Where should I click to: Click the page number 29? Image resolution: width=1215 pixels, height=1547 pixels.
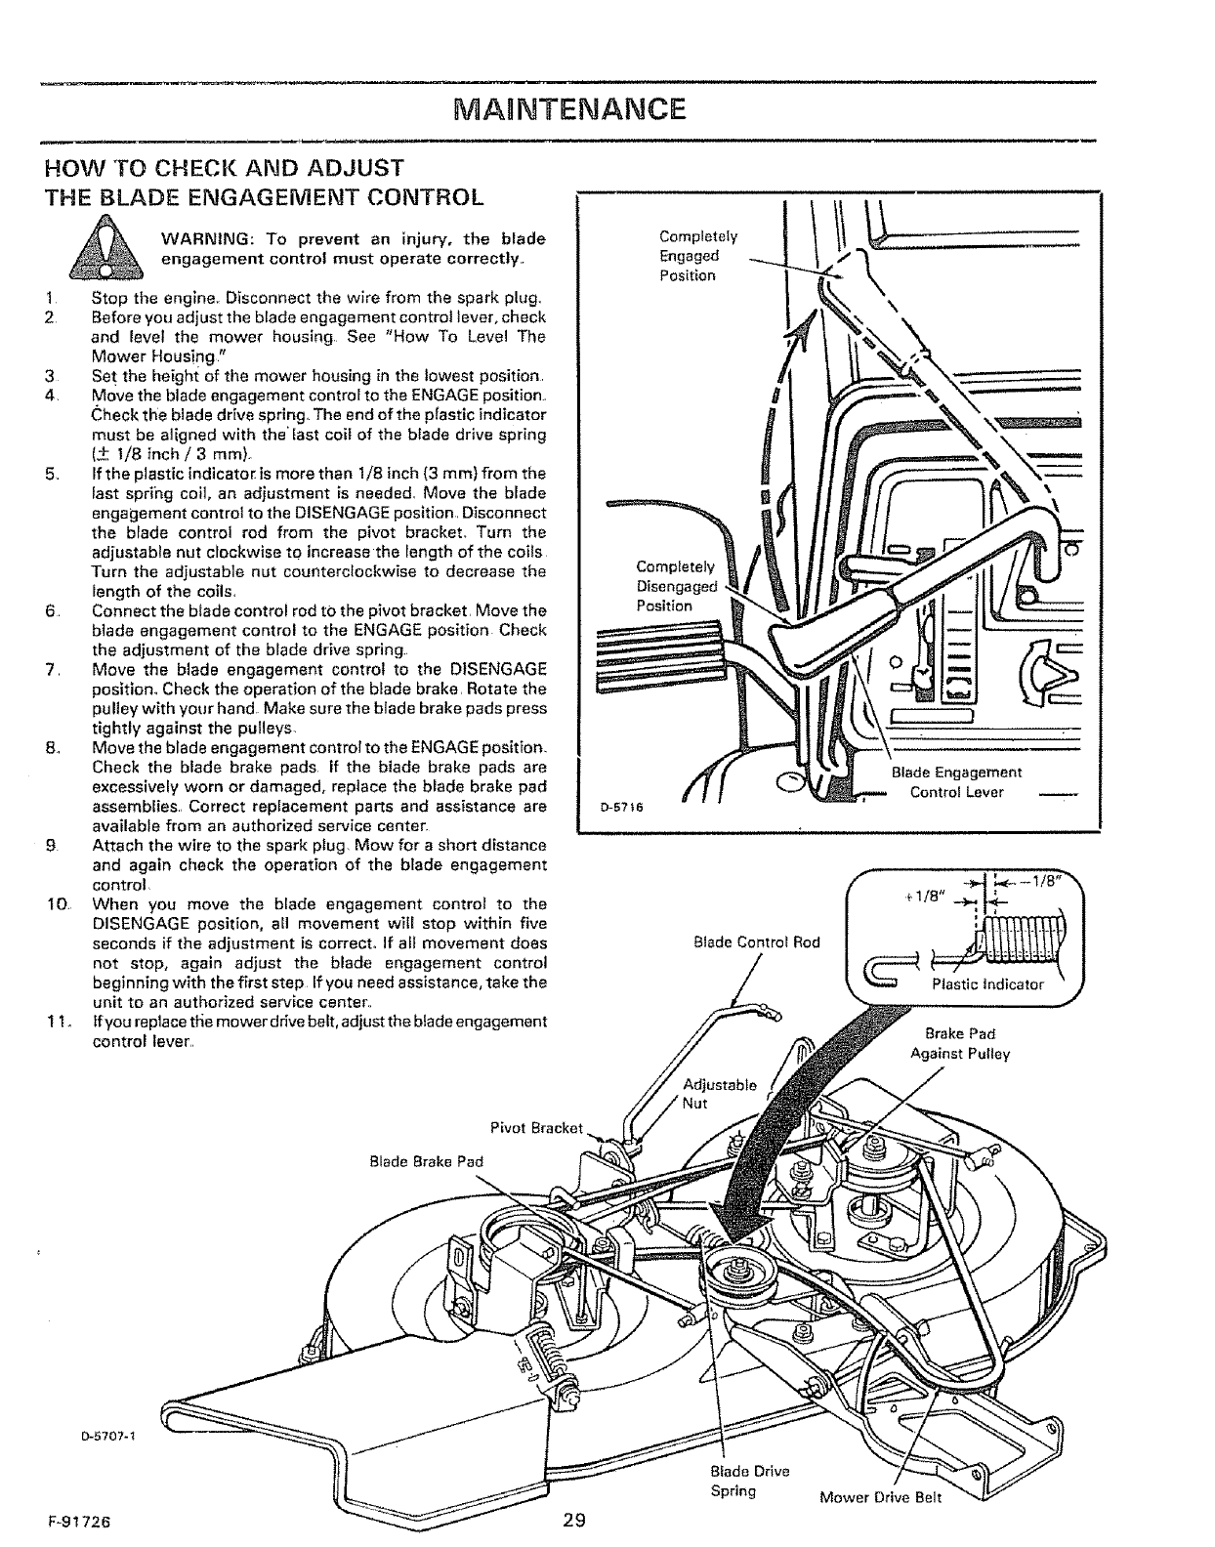[573, 1519]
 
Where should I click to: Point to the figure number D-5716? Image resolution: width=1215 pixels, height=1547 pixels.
[618, 807]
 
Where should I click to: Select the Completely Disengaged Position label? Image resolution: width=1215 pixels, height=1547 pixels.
[676, 586]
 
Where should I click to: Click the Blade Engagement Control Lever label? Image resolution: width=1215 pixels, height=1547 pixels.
[956, 781]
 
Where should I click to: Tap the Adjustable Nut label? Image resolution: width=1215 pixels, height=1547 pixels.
[719, 1094]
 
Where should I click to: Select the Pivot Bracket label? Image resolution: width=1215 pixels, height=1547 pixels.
[535, 1129]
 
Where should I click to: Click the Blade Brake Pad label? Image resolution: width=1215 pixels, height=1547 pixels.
[427, 1161]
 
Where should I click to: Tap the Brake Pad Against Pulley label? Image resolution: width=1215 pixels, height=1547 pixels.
[959, 1044]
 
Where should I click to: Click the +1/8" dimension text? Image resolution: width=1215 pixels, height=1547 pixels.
[923, 898]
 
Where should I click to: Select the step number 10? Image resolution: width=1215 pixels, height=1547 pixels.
[53, 904]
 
